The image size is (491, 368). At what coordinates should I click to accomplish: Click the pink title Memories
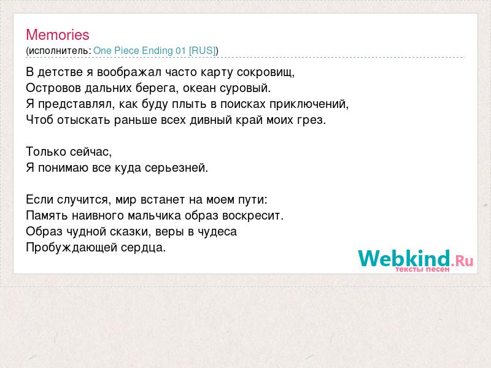click(x=58, y=35)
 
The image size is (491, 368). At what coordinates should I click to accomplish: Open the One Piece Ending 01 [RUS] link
click(x=155, y=51)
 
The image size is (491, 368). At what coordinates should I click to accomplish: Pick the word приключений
click(x=309, y=104)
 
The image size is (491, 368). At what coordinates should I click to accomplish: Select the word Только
click(x=45, y=151)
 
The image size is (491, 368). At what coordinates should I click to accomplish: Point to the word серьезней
click(x=176, y=168)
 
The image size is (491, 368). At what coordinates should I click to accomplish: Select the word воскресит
click(x=253, y=216)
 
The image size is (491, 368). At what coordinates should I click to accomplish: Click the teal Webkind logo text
click(x=404, y=258)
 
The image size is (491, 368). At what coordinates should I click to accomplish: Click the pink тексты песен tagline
click(x=422, y=269)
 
